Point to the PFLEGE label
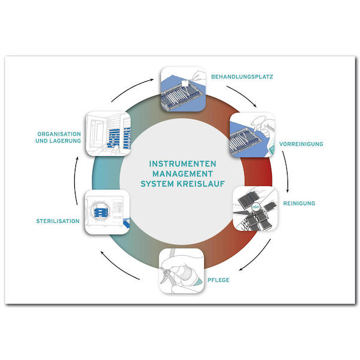[x=219, y=280]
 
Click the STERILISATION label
[x=58, y=221]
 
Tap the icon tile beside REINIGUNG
[x=254, y=208]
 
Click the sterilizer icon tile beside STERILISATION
[x=108, y=211]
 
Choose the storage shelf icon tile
[x=109, y=132]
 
